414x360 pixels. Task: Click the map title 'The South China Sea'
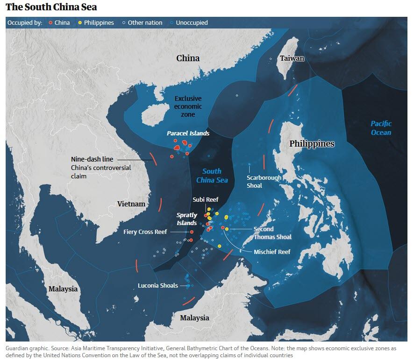51,7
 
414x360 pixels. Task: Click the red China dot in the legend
50,22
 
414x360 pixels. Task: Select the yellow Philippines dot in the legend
80,22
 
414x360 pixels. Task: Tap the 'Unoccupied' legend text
192,22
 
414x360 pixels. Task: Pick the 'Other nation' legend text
145,22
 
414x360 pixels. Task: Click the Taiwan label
292,58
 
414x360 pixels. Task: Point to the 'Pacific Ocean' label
381,128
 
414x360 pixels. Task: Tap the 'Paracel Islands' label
188,134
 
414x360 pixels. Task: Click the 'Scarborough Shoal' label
264,182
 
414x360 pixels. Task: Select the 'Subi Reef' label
206,200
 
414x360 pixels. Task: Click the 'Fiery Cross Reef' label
145,232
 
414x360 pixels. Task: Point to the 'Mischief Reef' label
272,252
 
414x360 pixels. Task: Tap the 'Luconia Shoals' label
158,285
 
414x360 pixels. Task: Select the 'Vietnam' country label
131,204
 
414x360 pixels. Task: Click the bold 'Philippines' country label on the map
312,144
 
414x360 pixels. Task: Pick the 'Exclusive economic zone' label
188,106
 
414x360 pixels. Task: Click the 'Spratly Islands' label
187,219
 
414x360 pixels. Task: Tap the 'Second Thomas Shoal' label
272,233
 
